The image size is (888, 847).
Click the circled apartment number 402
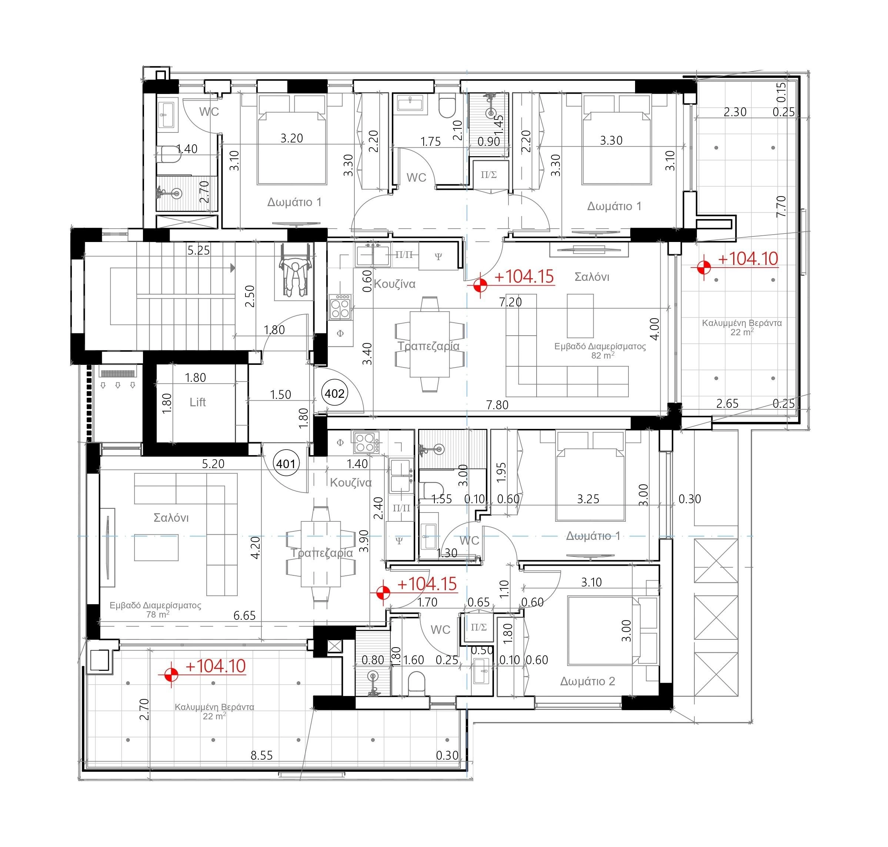pos(334,393)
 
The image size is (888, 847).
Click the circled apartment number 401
pos(286,463)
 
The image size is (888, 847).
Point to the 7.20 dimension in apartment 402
pos(510,302)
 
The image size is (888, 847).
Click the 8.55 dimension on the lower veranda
pos(262,755)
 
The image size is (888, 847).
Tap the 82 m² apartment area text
pos(603,355)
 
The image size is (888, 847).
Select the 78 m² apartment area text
pos(157,615)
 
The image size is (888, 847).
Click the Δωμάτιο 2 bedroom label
pos(587,681)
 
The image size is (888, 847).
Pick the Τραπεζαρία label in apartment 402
pos(428,346)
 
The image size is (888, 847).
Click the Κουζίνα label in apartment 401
pos(351,483)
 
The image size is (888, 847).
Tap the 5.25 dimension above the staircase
pos(198,251)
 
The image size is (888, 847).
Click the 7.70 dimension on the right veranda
pos(781,206)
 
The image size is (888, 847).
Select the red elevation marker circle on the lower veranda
pos(171,675)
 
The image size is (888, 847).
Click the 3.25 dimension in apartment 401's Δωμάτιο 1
pos(588,499)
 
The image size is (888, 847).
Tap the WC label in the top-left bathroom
pos(209,111)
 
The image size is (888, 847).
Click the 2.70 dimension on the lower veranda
pos(144,709)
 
